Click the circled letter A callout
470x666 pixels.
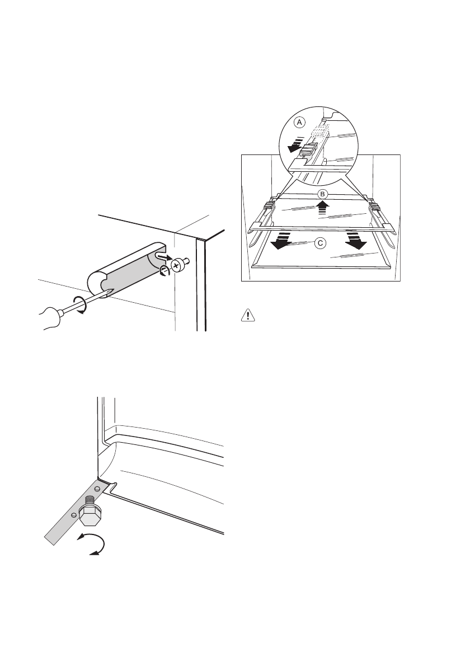click(300, 121)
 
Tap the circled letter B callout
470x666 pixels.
click(322, 194)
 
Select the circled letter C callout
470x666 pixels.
click(320, 243)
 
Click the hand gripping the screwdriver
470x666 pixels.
click(53, 319)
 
